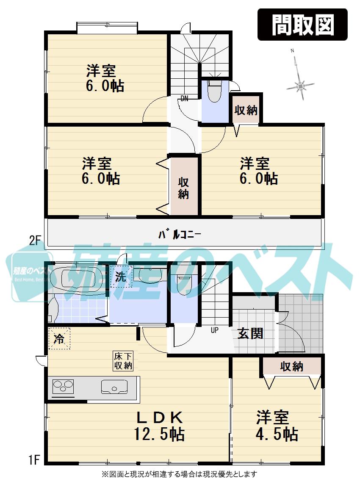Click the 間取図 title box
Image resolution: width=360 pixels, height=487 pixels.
click(302, 25)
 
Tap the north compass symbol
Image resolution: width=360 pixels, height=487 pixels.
click(300, 85)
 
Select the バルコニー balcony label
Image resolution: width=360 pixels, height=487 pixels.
click(180, 234)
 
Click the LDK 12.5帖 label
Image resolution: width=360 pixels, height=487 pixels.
click(159, 426)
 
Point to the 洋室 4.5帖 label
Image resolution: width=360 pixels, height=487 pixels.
click(277, 426)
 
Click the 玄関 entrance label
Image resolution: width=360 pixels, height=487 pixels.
click(250, 333)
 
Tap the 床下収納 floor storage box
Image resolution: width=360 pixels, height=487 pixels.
click(123, 361)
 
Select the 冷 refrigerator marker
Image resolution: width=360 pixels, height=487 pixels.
click(59, 339)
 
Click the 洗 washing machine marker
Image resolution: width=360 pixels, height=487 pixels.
click(121, 277)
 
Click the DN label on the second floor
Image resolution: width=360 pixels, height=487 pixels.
click(184, 99)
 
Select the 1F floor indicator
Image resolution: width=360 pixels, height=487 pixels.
click(34, 459)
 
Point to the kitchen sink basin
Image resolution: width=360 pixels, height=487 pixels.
click(114, 387)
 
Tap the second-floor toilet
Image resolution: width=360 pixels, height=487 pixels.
click(214, 91)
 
